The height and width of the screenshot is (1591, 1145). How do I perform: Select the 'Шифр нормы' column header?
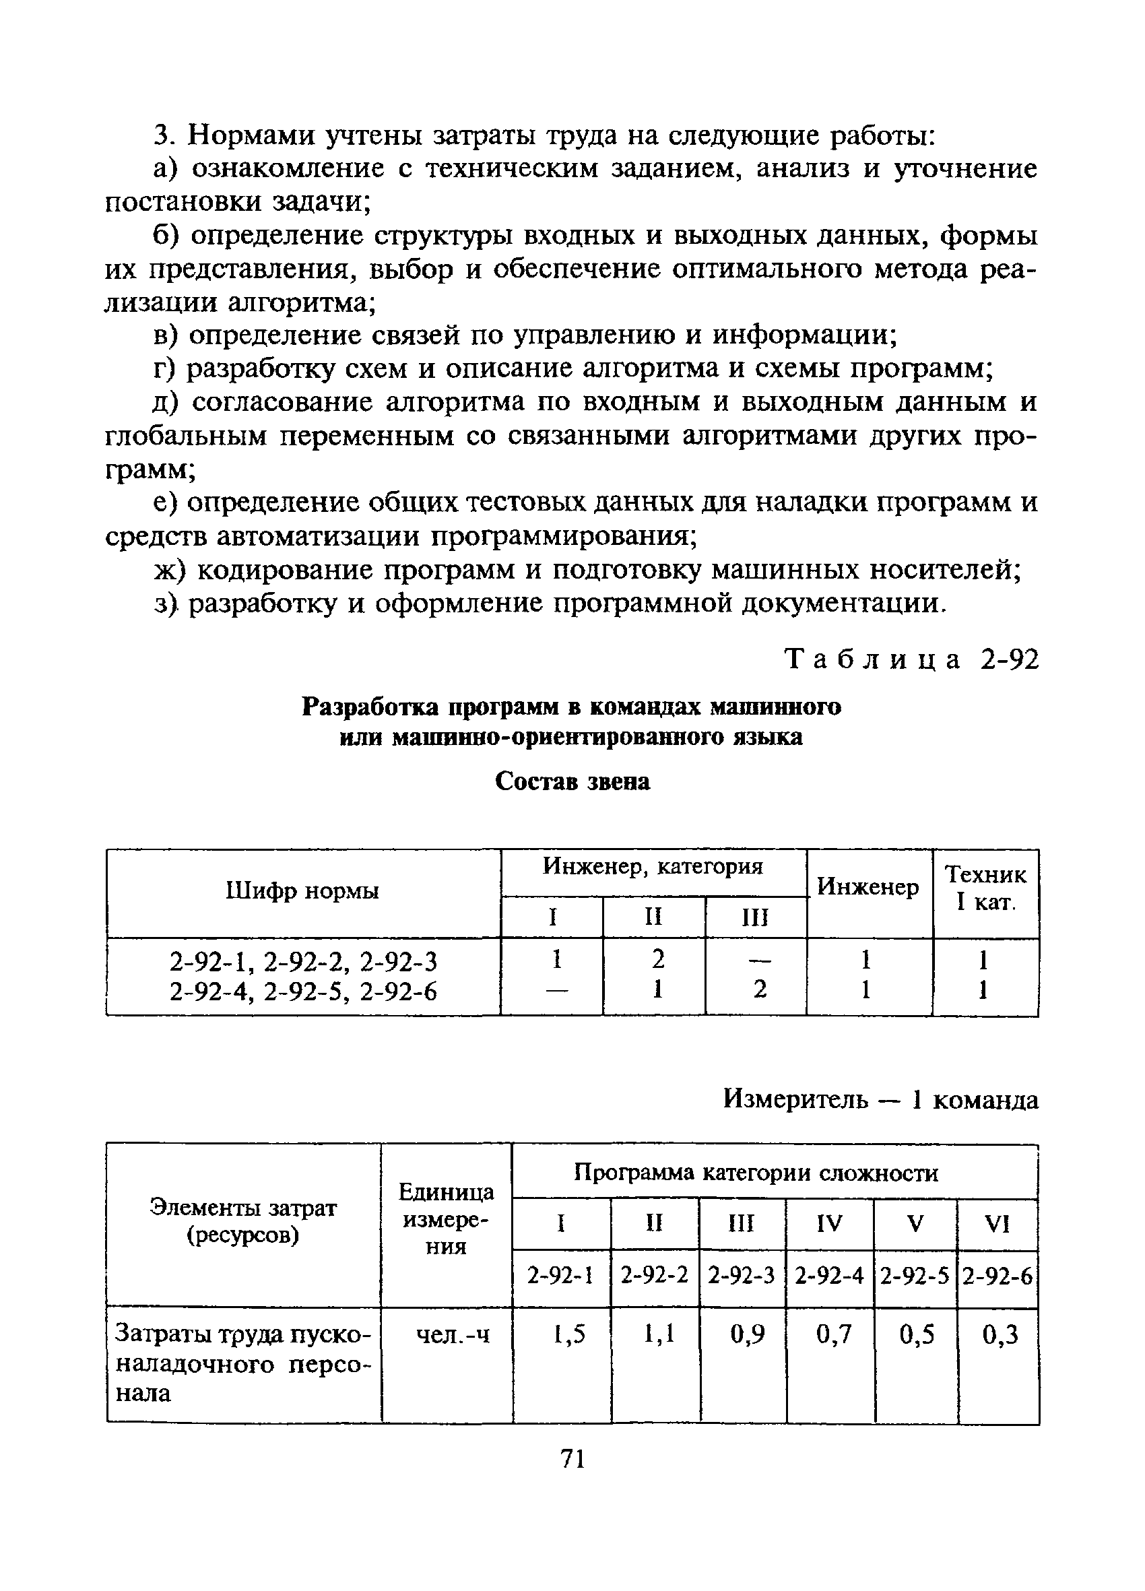pos(302,891)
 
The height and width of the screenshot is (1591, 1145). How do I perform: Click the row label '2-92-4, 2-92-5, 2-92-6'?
pos(303,992)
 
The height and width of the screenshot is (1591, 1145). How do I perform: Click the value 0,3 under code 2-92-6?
pos(1000,1334)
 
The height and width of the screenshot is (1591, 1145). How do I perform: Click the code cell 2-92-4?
pos(829,1275)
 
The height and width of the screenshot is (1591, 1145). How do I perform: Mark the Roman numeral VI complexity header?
pos(997,1224)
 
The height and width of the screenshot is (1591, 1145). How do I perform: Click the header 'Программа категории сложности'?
pos(756,1173)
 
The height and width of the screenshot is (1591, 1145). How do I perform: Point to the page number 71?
pos(573,1458)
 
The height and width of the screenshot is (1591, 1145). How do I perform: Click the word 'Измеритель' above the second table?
pos(795,1099)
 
